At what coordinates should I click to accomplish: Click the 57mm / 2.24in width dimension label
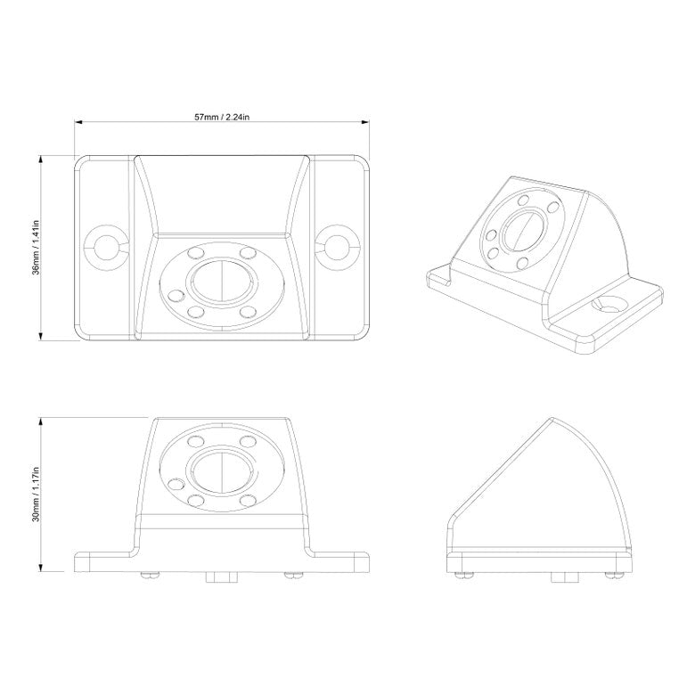221,117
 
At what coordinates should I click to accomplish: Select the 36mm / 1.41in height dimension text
35,247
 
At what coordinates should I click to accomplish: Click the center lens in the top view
220,282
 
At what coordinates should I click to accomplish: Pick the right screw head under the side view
613,575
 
